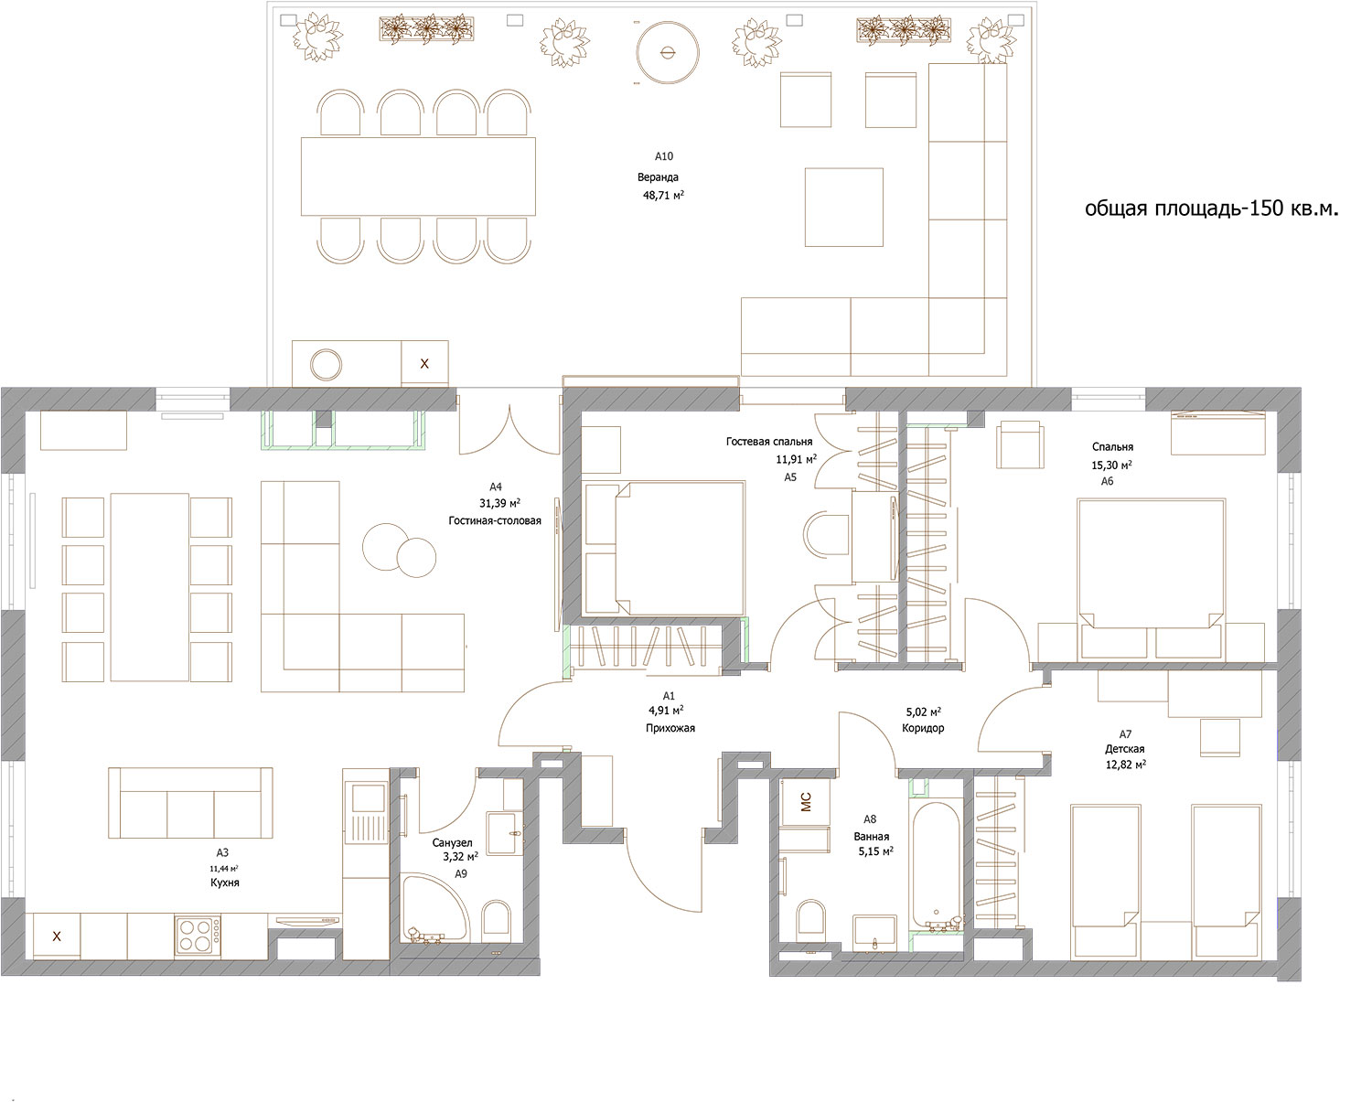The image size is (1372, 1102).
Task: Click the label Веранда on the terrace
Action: (658, 177)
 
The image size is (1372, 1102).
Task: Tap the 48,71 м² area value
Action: (663, 195)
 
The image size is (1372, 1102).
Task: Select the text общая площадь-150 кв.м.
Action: (1211, 209)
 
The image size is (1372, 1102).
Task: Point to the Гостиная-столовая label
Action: (495, 520)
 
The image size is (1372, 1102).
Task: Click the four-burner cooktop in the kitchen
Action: (198, 936)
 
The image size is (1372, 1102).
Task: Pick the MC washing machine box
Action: (806, 802)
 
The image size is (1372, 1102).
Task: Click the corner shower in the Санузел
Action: (434, 907)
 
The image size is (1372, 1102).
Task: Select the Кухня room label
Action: (224, 883)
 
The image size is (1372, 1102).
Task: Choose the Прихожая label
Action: (670, 728)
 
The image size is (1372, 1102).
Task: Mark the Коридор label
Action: (923, 728)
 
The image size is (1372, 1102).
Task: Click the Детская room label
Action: (1125, 749)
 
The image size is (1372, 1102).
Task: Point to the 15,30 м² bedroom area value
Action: (1112, 465)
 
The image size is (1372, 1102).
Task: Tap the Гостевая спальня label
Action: (769, 441)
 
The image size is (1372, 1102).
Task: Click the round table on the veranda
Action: (668, 52)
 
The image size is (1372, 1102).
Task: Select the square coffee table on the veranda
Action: (843, 208)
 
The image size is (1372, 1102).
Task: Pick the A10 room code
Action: (664, 156)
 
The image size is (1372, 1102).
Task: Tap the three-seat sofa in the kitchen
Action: (190, 802)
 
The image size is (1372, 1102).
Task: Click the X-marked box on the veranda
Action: (424, 363)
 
